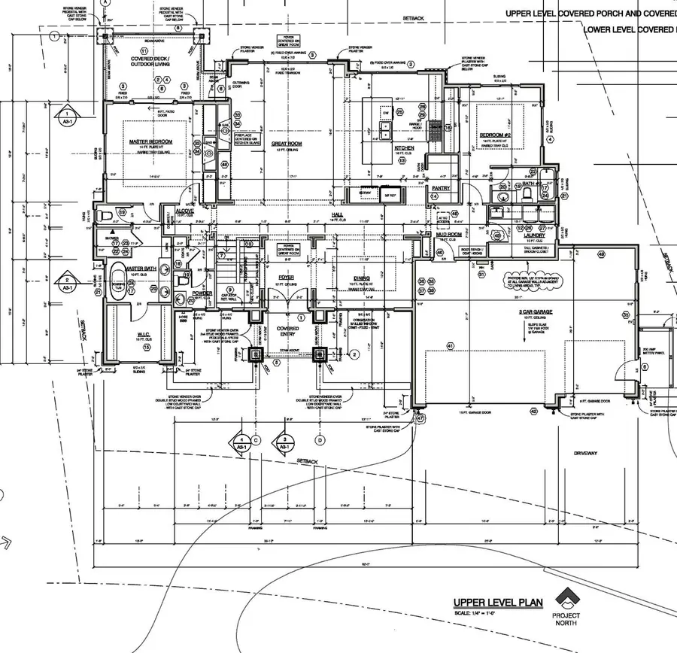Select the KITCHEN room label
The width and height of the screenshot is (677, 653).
[405, 149]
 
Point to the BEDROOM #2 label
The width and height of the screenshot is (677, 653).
[496, 135]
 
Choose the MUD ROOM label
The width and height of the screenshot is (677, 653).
[448, 235]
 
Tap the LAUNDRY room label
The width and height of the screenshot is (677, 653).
[534, 235]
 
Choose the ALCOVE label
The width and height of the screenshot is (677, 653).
[185, 211]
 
